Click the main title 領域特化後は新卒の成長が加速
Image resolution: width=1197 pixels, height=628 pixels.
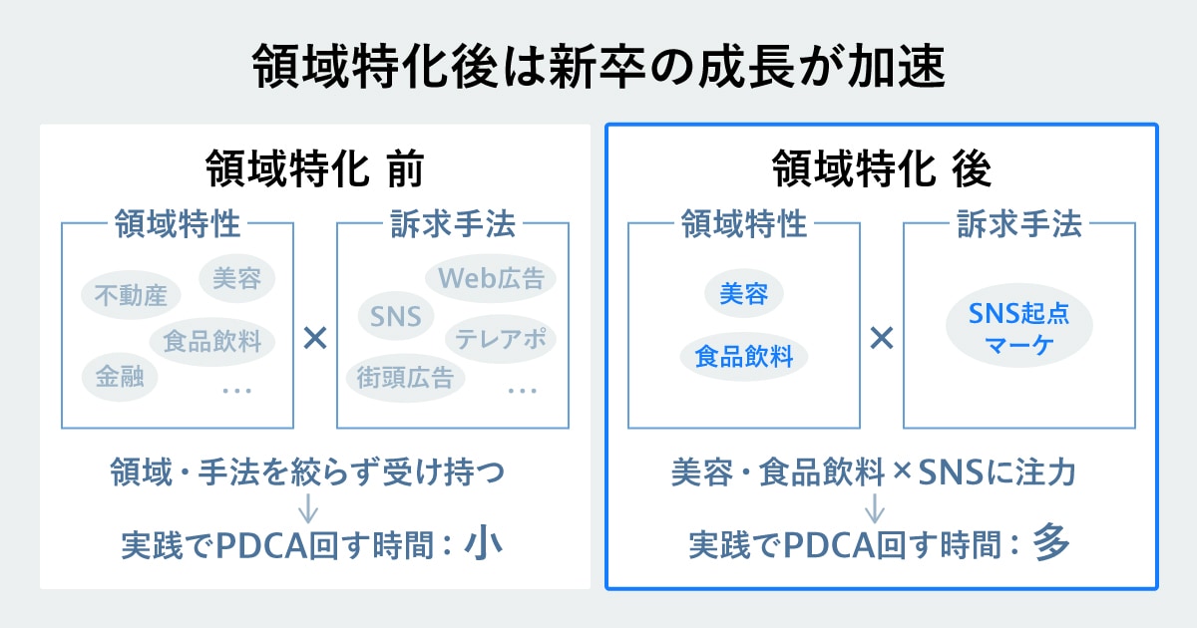pyautogui.click(x=598, y=68)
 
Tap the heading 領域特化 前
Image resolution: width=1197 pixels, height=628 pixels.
pyautogui.click(x=314, y=170)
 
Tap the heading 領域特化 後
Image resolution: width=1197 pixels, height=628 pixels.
pyautogui.click(x=882, y=170)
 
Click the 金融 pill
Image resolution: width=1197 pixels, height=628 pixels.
pyautogui.click(x=119, y=377)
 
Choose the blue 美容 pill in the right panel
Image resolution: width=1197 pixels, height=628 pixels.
pyautogui.click(x=744, y=294)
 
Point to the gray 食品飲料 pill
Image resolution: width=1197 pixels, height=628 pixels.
pyautogui.click(x=212, y=342)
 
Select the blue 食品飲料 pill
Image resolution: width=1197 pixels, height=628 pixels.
pyautogui.click(x=744, y=356)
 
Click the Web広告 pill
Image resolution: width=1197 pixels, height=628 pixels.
pyautogui.click(x=491, y=278)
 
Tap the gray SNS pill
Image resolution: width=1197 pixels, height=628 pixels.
pyautogui.click(x=396, y=317)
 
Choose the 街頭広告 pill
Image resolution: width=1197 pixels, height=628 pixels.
pyautogui.click(x=406, y=377)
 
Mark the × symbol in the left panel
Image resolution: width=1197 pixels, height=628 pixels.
pyautogui.click(x=315, y=339)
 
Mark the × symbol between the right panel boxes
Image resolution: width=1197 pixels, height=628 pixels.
pyautogui.click(x=881, y=339)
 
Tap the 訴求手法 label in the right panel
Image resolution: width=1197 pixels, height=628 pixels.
pyautogui.click(x=1019, y=224)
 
